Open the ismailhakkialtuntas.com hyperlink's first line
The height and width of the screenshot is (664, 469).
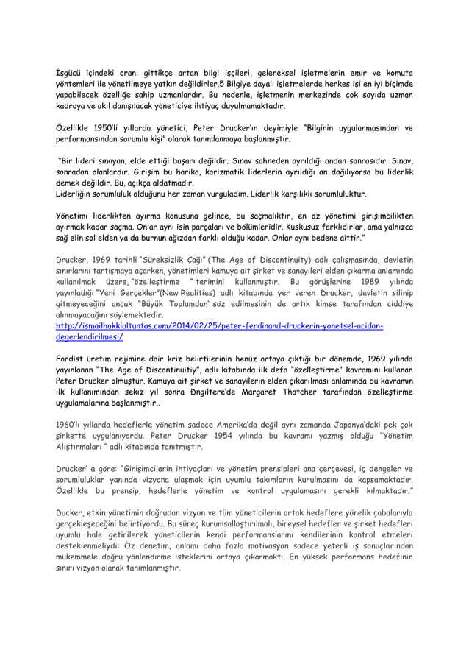pos(220,325)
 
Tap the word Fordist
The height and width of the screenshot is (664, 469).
pos(72,360)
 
